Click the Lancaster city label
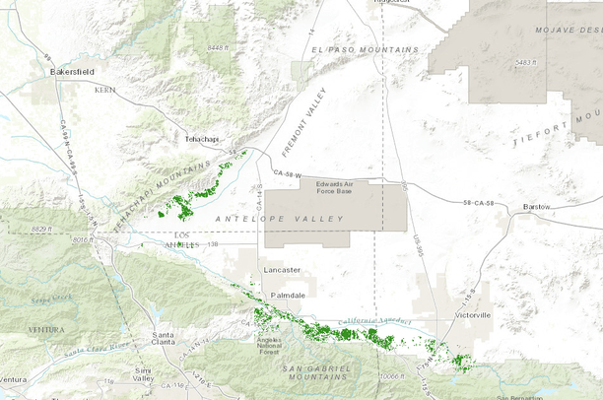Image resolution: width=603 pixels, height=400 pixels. (281, 269)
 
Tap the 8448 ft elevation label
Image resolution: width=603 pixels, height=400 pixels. (219, 46)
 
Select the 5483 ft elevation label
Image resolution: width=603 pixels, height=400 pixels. (523, 62)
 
